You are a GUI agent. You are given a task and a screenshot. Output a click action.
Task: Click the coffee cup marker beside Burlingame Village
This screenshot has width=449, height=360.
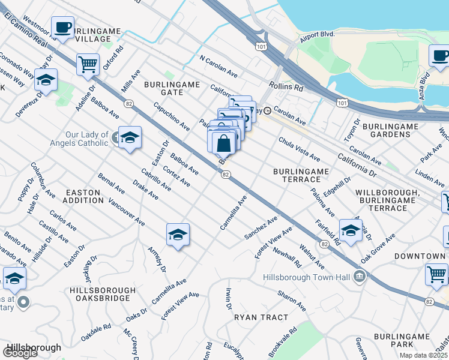(x=62, y=28)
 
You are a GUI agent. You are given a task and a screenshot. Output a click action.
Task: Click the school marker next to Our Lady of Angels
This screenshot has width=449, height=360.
(x=130, y=137)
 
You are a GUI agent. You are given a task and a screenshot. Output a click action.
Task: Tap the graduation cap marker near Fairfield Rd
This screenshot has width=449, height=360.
(x=351, y=229)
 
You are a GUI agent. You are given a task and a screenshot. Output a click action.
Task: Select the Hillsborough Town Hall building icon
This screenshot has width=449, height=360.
(x=360, y=276)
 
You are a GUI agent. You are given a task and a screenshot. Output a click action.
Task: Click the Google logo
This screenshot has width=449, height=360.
(x=20, y=353)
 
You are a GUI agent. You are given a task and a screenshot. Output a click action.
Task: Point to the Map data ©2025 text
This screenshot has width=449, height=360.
(x=423, y=355)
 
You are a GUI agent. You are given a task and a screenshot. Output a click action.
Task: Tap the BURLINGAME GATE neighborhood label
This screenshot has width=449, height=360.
(x=172, y=89)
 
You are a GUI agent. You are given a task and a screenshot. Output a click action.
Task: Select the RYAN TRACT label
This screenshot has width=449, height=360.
(x=261, y=317)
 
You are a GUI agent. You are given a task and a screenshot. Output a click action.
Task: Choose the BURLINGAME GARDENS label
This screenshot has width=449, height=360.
(x=391, y=130)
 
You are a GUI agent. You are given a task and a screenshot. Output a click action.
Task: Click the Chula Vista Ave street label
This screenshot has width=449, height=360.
(x=298, y=148)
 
